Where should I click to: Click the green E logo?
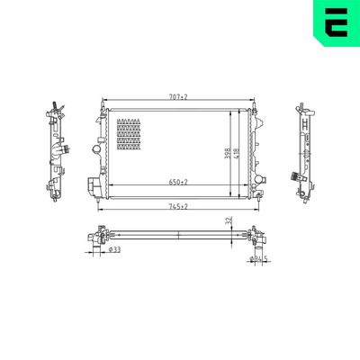336,24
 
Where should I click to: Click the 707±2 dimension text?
175,96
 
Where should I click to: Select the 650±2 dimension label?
177,183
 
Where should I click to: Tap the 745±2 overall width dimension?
177,206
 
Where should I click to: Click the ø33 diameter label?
115,251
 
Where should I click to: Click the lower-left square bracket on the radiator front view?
93,186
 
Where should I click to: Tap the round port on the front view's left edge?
96,146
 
